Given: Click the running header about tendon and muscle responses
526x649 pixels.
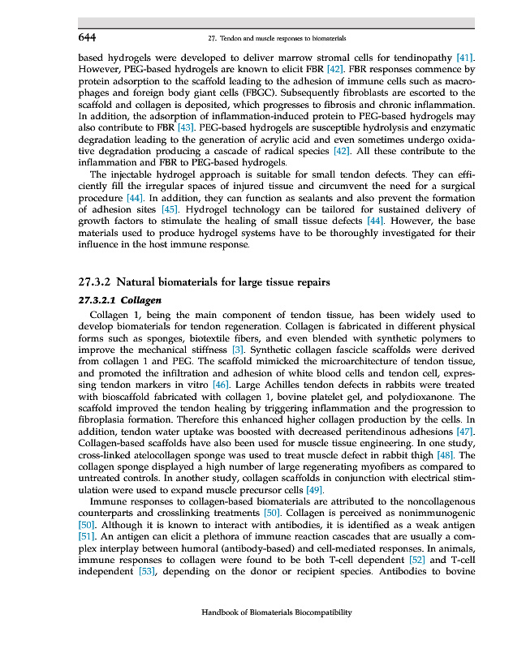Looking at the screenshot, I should click(278, 38).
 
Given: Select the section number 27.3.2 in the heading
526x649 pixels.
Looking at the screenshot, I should click(96, 282).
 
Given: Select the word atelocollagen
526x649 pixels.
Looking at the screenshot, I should click(177, 455).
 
